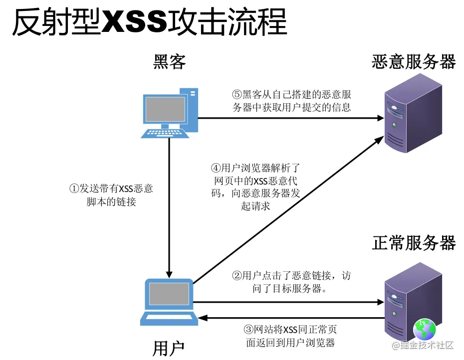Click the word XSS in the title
pos(134,22)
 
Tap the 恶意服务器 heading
pos(414,62)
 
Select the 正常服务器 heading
pos(414,243)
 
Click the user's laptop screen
pos(169,294)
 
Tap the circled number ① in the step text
pos(74,188)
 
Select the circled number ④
pos(216,168)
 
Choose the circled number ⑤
pos(237,94)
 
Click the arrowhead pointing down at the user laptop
pos(170,273)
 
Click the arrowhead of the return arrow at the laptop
pos(202,317)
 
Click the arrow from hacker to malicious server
pos(289,118)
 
